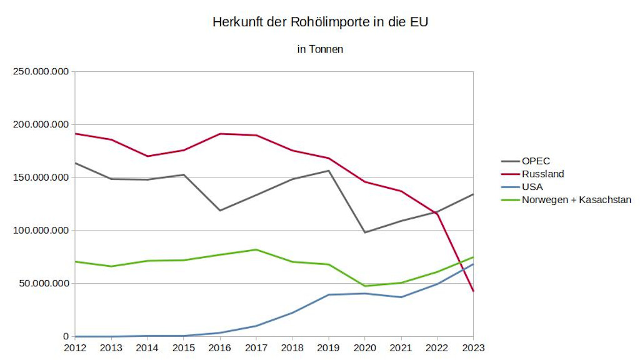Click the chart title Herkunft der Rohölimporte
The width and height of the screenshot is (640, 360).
click(x=320, y=22)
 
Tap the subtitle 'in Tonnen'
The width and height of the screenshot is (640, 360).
click(x=320, y=49)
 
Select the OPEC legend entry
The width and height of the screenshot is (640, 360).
click(x=536, y=161)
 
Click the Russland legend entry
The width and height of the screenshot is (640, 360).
click(x=542, y=174)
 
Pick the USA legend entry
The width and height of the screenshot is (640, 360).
click(x=532, y=187)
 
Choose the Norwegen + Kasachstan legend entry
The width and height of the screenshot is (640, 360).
click(x=576, y=200)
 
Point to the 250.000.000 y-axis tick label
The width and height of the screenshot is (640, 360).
click(x=41, y=72)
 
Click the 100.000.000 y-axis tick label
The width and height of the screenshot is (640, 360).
click(x=41, y=231)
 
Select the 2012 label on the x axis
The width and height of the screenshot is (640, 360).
click(x=74, y=347)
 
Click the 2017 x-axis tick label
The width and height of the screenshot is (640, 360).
click(x=256, y=347)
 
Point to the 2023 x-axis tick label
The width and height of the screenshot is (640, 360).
click(x=473, y=347)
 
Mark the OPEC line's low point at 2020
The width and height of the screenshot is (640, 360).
click(x=365, y=232)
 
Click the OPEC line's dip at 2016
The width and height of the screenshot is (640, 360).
click(x=220, y=210)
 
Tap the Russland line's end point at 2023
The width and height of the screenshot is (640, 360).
click(x=473, y=291)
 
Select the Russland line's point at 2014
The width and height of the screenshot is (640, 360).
click(x=147, y=156)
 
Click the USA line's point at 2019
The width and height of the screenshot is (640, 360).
click(x=329, y=294)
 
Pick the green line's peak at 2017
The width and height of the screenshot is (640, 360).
click(x=256, y=249)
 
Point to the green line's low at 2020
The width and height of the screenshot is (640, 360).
click(x=365, y=286)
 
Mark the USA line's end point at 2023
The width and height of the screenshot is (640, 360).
click(x=473, y=264)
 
